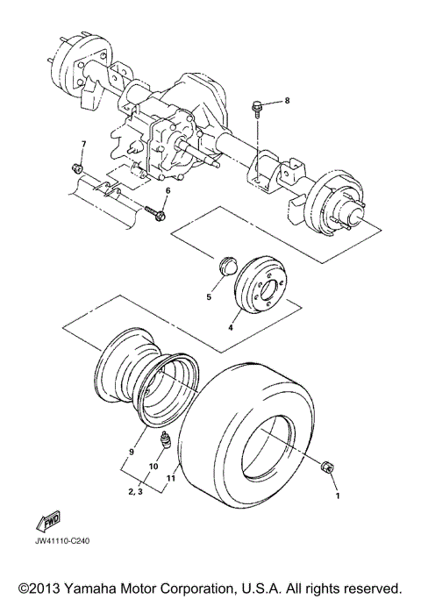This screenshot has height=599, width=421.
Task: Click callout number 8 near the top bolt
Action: (286, 101)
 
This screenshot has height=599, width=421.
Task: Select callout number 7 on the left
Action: (84, 144)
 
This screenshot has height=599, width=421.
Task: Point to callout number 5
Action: (209, 297)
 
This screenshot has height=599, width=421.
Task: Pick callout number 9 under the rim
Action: (131, 452)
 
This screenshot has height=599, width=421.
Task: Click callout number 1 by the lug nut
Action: (334, 496)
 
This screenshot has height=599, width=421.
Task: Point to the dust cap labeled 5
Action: (225, 267)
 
